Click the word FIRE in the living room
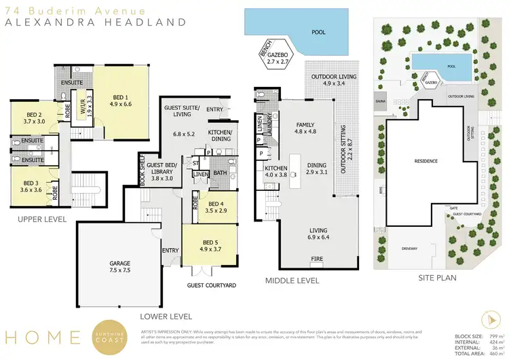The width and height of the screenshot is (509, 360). pyautogui.click(x=316, y=259)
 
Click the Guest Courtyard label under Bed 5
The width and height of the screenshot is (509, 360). pyautogui.click(x=212, y=285)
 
